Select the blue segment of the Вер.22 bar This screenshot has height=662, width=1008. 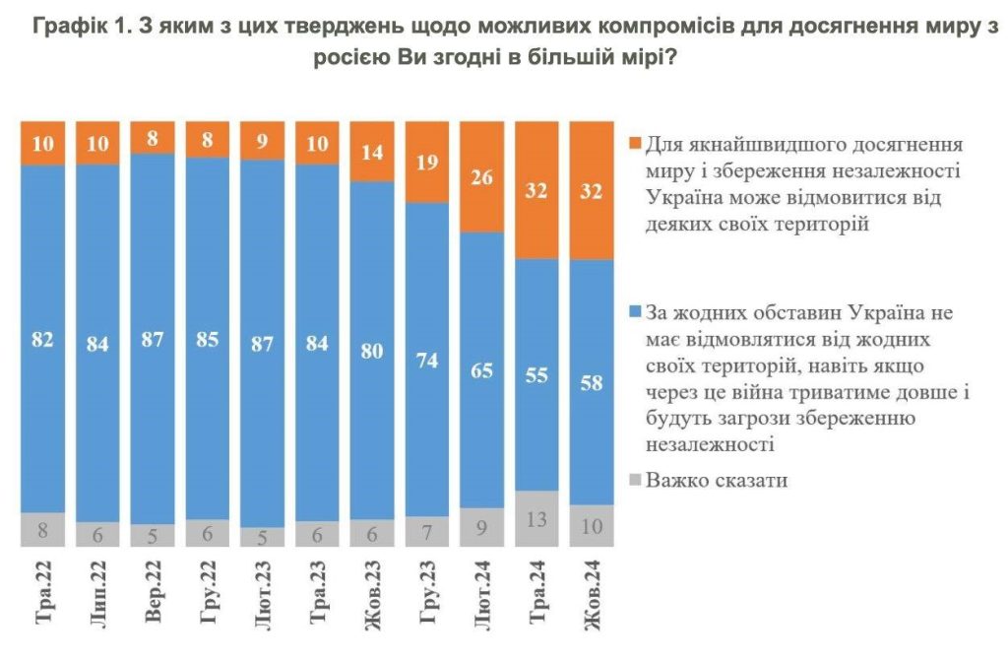(x=153, y=374)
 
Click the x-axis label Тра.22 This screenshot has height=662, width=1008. (x=43, y=593)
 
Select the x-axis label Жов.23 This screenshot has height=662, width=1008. (x=373, y=595)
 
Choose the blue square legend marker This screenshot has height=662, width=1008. (x=632, y=313)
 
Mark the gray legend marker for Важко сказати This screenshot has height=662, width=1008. (x=632, y=481)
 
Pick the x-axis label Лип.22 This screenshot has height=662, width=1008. (x=98, y=595)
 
